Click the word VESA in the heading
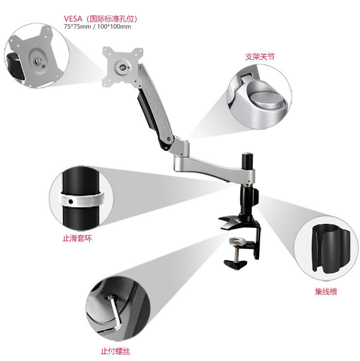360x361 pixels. [73, 18]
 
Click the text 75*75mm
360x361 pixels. [78, 27]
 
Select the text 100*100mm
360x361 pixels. [114, 27]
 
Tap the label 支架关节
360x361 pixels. [260, 57]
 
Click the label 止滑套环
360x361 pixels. [78, 238]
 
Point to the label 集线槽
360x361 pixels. [326, 292]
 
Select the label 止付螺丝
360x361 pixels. [115, 351]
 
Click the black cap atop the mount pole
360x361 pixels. [247, 157]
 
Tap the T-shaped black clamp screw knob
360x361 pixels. [235, 264]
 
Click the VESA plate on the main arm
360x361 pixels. [123, 67]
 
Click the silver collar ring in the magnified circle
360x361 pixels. [82, 199]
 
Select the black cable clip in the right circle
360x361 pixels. [331, 249]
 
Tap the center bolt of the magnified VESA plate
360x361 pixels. [37, 61]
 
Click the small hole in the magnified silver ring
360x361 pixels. [71, 202]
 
